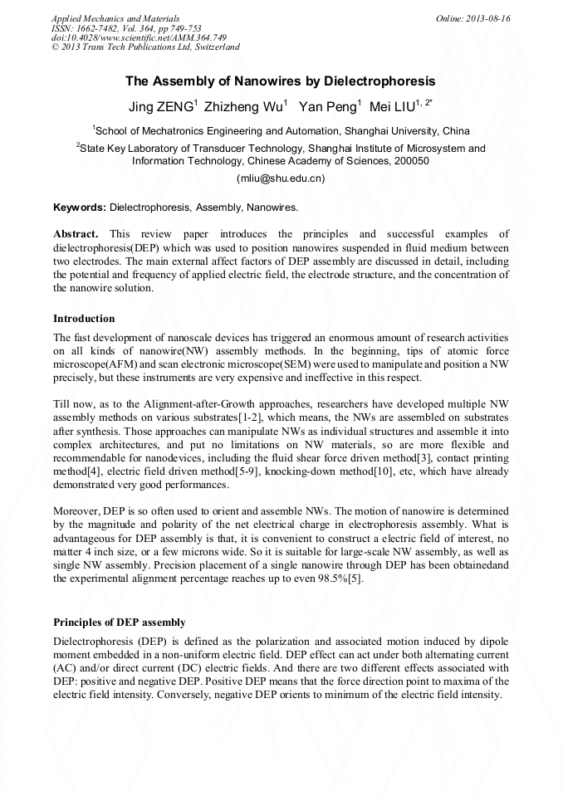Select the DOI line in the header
tap(139, 37)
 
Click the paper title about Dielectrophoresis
tap(281, 81)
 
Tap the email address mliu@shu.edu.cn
tap(281, 178)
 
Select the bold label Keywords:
tap(80, 207)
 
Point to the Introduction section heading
tap(84, 319)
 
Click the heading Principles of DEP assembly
tap(120, 623)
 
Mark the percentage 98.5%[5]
tap(337, 579)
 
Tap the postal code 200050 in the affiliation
tap(411, 161)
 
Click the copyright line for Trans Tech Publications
tap(145, 47)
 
